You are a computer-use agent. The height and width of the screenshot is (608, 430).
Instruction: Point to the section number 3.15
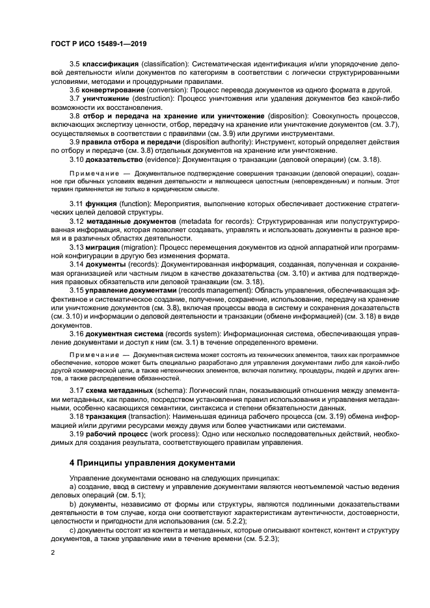(x=77, y=289)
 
